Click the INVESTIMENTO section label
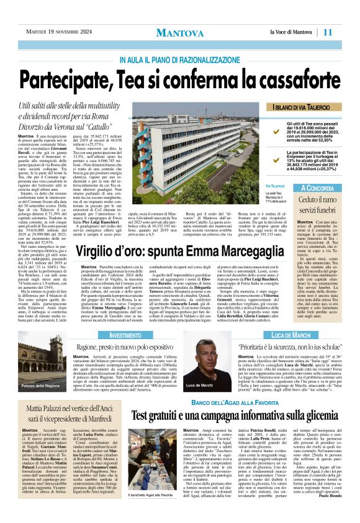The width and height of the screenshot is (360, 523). coord(125,335)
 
